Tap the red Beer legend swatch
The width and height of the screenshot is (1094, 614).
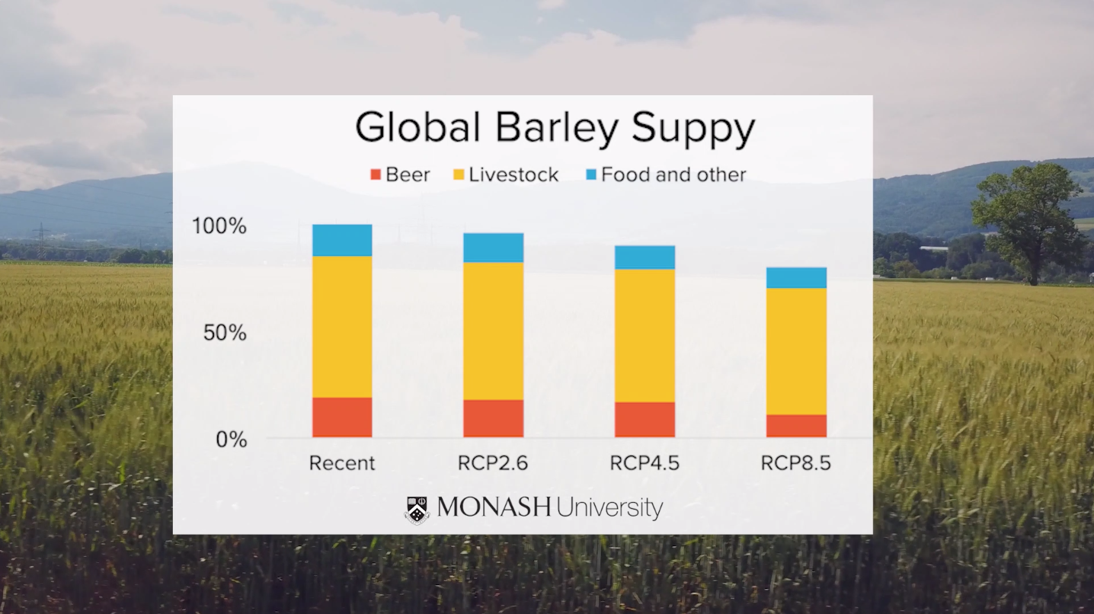[x=376, y=174]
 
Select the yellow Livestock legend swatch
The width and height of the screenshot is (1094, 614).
[x=459, y=174]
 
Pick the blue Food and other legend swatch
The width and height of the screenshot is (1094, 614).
[x=591, y=174]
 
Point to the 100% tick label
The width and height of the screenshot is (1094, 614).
[x=219, y=226]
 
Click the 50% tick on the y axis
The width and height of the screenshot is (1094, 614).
[x=226, y=333]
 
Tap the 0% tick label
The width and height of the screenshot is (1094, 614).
[x=232, y=440]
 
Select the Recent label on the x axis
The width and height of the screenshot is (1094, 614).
[x=342, y=463]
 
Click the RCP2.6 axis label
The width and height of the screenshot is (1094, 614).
[x=493, y=463]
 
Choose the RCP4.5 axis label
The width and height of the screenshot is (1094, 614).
[x=645, y=463]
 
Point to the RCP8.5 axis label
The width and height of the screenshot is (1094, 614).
[x=795, y=463]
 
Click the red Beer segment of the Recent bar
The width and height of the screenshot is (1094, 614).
[x=342, y=417]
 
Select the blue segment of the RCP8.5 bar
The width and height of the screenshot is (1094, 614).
[x=797, y=278]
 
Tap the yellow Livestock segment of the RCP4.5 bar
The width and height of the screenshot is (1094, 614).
[x=645, y=336]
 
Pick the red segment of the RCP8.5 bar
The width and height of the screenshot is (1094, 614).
[x=797, y=426]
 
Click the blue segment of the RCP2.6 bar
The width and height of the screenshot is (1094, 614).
[x=493, y=248]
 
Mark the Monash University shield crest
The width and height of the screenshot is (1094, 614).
[x=417, y=510]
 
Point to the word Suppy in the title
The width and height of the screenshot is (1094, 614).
[x=693, y=129]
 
